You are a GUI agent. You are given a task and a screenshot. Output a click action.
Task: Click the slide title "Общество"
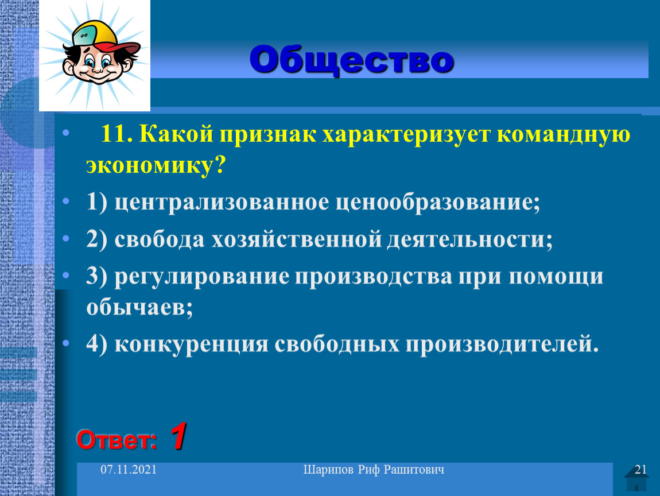tap(351, 60)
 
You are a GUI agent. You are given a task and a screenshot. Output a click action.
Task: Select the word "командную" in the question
tap(564, 135)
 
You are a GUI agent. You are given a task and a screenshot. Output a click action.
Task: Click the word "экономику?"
tap(156, 166)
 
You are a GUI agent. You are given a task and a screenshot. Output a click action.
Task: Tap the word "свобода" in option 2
tap(160, 239)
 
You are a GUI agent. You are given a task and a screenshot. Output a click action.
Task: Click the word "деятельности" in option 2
tap(469, 240)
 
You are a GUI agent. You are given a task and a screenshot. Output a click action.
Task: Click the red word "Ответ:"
tap(117, 440)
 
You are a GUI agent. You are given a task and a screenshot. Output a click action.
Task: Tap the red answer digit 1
tap(178, 436)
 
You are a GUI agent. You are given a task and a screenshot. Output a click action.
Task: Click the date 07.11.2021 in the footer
tap(129, 470)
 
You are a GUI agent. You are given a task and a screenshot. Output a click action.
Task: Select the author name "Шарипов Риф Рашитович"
tap(374, 470)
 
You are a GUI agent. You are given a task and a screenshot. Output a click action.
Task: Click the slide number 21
tap(640, 470)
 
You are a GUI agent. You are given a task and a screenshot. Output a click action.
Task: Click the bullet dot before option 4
tap(65, 343)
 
